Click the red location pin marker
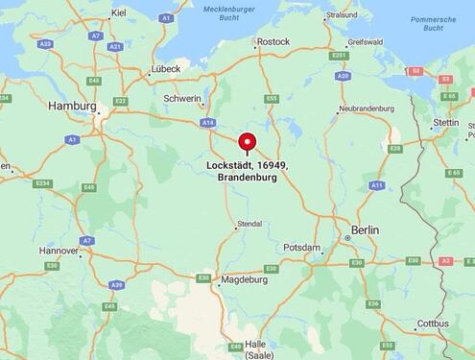tap(248, 143)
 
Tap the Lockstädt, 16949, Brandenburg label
tap(248, 171)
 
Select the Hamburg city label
tap(72, 106)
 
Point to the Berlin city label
tap(365, 230)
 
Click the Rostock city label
tap(273, 41)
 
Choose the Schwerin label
tap(182, 99)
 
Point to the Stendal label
tap(249, 224)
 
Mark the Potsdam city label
tap(301, 248)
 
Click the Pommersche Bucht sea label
tap(427, 23)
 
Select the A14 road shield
tap(207, 123)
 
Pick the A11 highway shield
tap(376, 185)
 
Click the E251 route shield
tap(339, 56)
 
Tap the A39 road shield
tap(117, 285)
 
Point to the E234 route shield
tap(42, 183)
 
